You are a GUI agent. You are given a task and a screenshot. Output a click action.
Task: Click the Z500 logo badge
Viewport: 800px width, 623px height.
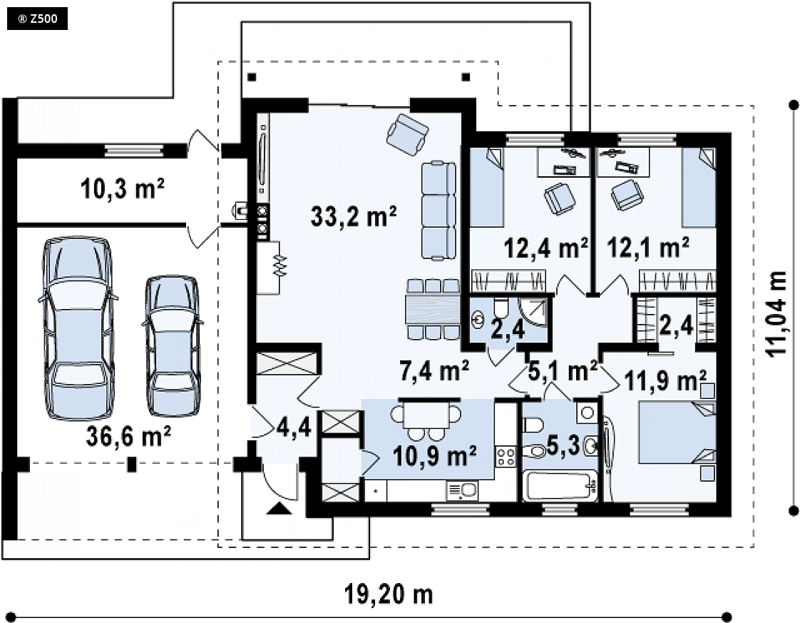click(x=37, y=19)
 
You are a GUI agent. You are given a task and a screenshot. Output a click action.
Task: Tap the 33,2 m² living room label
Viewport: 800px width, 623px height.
click(x=354, y=216)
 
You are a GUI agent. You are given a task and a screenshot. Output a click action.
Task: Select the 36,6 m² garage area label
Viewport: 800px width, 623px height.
click(x=128, y=437)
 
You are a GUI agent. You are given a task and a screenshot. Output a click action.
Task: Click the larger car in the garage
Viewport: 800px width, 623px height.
click(x=78, y=328)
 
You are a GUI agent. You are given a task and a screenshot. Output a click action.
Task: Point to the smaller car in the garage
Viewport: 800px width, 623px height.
click(x=172, y=346)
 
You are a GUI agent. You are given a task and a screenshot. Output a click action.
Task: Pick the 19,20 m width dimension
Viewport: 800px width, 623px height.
click(x=389, y=594)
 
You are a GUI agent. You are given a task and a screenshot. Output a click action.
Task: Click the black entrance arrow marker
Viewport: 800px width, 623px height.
click(x=279, y=508)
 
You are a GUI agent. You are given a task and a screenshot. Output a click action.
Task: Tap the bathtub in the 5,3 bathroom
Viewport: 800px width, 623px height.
click(x=560, y=487)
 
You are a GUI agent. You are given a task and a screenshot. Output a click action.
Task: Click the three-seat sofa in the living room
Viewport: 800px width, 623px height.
click(x=439, y=211)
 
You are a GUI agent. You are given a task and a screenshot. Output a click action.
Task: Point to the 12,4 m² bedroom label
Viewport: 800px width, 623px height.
click(x=545, y=248)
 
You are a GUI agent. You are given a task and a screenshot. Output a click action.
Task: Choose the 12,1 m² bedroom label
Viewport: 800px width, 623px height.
click(x=648, y=248)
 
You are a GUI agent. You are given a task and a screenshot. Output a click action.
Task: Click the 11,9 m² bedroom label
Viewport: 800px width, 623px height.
click(x=665, y=380)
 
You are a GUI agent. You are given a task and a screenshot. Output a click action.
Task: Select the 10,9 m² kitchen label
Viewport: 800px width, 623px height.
click(x=435, y=455)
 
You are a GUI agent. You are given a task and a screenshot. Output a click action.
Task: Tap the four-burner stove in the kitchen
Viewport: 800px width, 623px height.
click(x=506, y=456)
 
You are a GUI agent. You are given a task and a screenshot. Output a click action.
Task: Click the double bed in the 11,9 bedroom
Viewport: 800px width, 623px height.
click(x=677, y=432)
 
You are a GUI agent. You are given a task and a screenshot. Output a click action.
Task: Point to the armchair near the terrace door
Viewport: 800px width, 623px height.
click(x=407, y=135)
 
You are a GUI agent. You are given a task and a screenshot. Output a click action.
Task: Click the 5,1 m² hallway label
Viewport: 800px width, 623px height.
click(x=563, y=371)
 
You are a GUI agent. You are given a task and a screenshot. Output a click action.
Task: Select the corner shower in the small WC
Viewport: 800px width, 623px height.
click(x=533, y=312)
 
